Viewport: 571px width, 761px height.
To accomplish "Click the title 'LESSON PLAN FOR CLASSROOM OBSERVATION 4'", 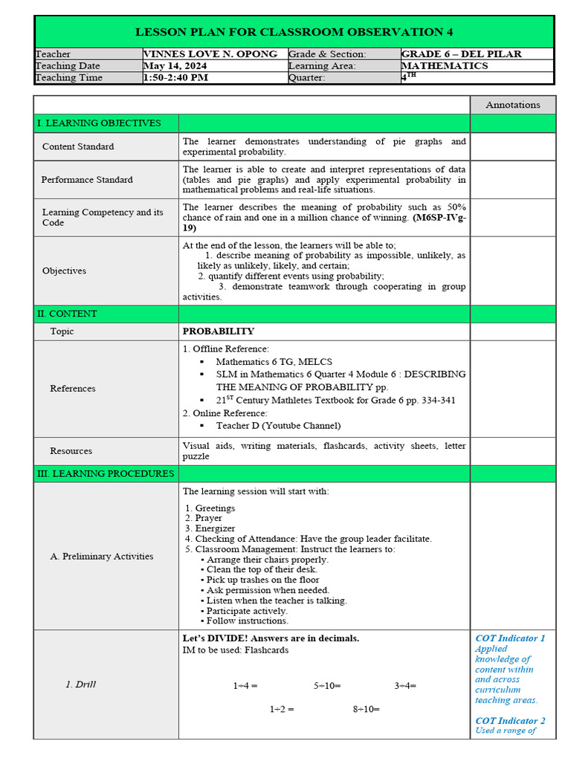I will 294,32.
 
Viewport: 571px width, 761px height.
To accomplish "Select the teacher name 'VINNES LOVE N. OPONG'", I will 210,54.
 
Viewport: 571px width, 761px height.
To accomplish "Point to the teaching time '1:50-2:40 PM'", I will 175,78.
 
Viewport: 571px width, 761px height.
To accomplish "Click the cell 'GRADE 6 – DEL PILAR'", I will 461,54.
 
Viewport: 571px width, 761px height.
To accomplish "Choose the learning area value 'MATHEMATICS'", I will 445,66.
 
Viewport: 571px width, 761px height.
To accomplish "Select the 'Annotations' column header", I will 512,105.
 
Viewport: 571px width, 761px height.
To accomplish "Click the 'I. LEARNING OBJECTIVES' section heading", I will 99,123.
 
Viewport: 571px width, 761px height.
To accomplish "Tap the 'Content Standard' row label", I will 78,146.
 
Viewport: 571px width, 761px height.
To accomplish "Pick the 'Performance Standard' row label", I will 87,180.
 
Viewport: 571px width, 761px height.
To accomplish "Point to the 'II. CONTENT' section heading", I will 67,314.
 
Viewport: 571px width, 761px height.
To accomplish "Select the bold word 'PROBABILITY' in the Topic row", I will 219,331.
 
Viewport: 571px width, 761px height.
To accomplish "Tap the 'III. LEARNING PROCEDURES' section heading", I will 106,473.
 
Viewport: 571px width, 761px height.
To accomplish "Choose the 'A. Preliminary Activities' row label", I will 102,556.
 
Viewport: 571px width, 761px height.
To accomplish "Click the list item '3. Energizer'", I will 210,528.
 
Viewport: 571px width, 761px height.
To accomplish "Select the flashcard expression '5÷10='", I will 327,685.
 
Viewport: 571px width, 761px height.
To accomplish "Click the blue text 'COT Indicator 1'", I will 510,638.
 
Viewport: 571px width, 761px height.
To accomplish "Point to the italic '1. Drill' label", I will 80,684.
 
